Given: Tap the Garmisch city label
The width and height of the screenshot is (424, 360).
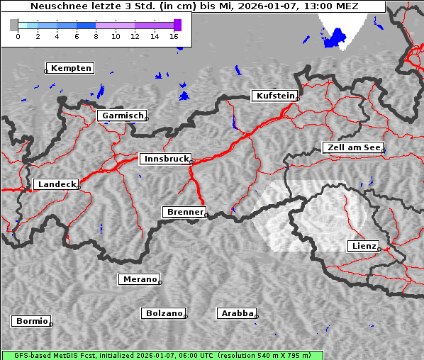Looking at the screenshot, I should click(x=123, y=116).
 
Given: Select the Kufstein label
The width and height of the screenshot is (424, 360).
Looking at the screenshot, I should click(x=275, y=96).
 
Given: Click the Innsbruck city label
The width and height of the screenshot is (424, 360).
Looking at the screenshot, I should click(x=166, y=159).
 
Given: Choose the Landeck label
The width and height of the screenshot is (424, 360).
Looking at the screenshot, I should click(x=57, y=184).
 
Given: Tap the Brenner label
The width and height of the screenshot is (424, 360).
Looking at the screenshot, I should click(x=184, y=212).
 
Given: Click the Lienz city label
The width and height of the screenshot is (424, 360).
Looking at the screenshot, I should click(x=364, y=246).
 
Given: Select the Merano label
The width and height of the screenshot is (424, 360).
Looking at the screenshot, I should click(x=139, y=279).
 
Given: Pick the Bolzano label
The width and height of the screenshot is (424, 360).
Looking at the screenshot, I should click(x=164, y=313).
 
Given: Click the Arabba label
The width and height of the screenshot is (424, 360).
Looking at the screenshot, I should click(x=237, y=313).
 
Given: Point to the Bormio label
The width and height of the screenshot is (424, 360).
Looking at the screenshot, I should click(x=31, y=321).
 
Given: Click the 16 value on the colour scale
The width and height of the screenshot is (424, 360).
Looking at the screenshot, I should click(x=174, y=36).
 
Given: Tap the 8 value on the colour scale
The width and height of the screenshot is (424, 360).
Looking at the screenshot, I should click(x=96, y=36).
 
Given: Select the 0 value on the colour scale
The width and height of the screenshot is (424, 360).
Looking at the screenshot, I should click(x=18, y=36).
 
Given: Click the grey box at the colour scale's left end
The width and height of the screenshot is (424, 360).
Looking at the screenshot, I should click(x=14, y=25).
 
